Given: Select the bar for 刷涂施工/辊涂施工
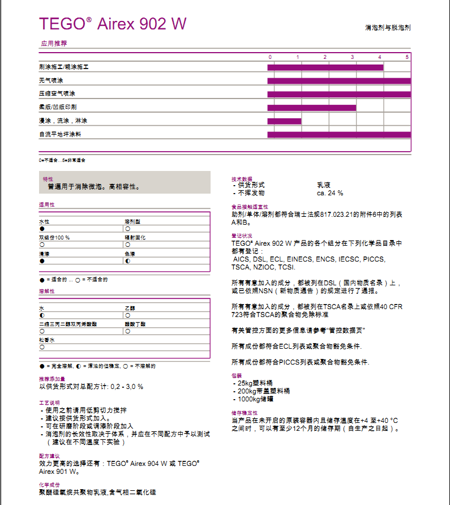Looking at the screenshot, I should [x=325, y=67].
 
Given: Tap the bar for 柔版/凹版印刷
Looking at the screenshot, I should [x=311, y=108].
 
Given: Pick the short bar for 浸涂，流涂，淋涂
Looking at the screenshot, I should [x=284, y=121].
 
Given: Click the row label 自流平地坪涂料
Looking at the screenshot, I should [x=60, y=135].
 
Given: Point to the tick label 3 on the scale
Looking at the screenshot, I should [x=352, y=57].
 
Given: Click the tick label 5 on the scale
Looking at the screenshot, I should [x=406, y=57].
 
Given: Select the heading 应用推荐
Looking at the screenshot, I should [x=54, y=43].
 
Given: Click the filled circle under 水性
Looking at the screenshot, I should [x=42, y=228].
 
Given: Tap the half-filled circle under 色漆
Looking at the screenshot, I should [x=127, y=261].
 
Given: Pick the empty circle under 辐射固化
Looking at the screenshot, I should [x=127, y=245].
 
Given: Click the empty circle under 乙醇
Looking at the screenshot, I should [x=127, y=315].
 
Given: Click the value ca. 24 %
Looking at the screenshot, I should [x=330, y=193].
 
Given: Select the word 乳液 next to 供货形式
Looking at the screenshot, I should [x=323, y=185].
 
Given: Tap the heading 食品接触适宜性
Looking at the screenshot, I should [x=250, y=207].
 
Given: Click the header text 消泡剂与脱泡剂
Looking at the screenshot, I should [x=388, y=27].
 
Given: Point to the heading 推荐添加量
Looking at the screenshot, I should [x=52, y=379].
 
